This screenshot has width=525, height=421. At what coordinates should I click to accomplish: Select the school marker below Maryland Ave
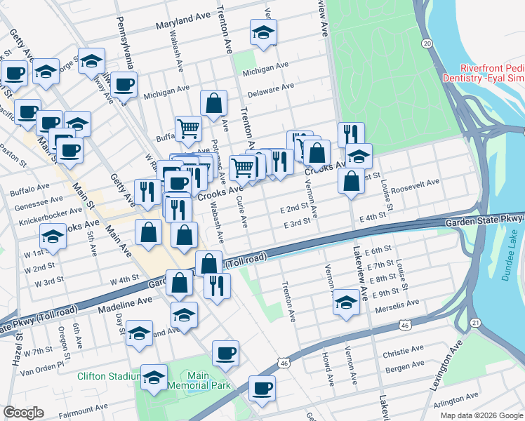264,32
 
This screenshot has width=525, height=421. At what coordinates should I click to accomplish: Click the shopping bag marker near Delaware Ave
213,103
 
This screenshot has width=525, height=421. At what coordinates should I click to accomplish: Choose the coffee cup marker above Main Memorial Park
225,353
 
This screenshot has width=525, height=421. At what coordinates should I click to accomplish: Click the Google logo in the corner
23,413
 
